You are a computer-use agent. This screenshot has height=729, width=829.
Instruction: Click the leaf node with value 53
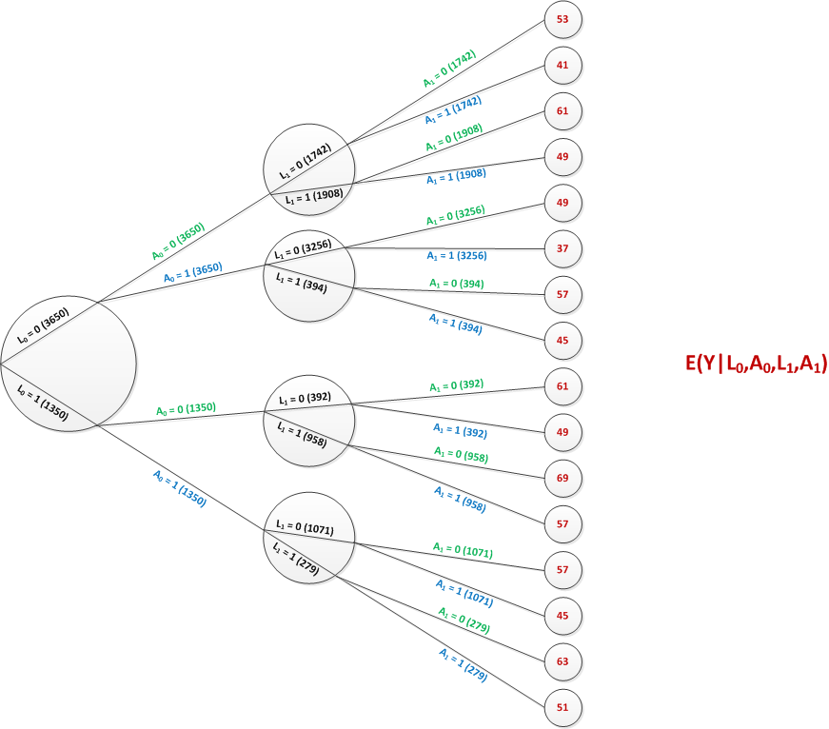tap(563, 20)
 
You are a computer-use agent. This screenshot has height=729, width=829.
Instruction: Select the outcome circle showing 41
tap(563, 66)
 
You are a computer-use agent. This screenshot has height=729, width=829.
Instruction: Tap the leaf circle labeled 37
tap(563, 249)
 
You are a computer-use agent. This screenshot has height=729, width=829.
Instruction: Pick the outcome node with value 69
tap(563, 479)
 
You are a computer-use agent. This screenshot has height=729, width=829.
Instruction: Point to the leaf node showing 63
tap(563, 661)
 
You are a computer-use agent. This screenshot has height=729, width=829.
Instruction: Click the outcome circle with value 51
tap(563, 708)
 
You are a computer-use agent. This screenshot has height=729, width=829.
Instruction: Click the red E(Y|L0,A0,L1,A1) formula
tap(756, 364)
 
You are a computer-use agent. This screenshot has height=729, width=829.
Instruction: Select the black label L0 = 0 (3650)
tap(44, 325)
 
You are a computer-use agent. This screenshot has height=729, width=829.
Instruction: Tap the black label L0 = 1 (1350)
tap(43, 403)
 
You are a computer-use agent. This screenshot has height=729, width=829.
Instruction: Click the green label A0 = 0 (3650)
tap(178, 242)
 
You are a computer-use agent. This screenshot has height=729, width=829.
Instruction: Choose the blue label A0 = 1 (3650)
tap(193, 272)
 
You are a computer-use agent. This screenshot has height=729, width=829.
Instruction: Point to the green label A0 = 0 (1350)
tap(187, 409)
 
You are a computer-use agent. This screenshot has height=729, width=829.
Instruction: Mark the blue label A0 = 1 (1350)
tap(180, 488)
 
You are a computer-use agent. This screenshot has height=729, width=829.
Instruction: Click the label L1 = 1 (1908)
tap(314, 197)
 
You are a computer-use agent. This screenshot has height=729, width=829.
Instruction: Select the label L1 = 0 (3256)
tap(303, 249)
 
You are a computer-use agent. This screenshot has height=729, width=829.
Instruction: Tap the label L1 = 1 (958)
tap(302, 434)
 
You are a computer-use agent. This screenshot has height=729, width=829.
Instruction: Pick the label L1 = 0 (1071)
tap(306, 527)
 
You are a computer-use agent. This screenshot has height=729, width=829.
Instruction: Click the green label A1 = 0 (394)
tap(457, 284)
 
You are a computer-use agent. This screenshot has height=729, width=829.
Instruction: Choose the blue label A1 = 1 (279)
tap(464, 664)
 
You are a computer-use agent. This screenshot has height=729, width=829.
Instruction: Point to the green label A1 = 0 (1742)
tap(450, 69)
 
